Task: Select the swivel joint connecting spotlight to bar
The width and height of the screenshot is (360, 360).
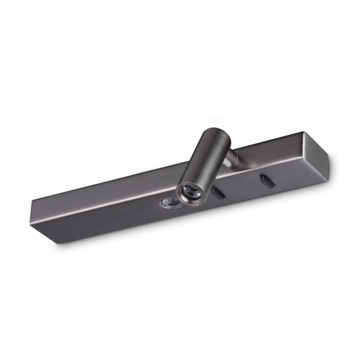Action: click(x=233, y=156)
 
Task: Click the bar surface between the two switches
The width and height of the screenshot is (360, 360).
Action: click(x=242, y=186)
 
